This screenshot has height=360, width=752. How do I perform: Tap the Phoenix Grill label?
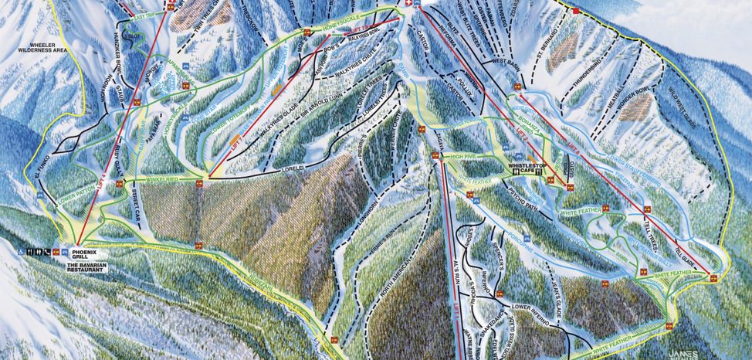click(86, 253)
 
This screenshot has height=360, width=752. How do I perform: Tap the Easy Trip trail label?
click(144, 15)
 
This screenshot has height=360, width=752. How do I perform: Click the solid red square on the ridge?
click(576, 11)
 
